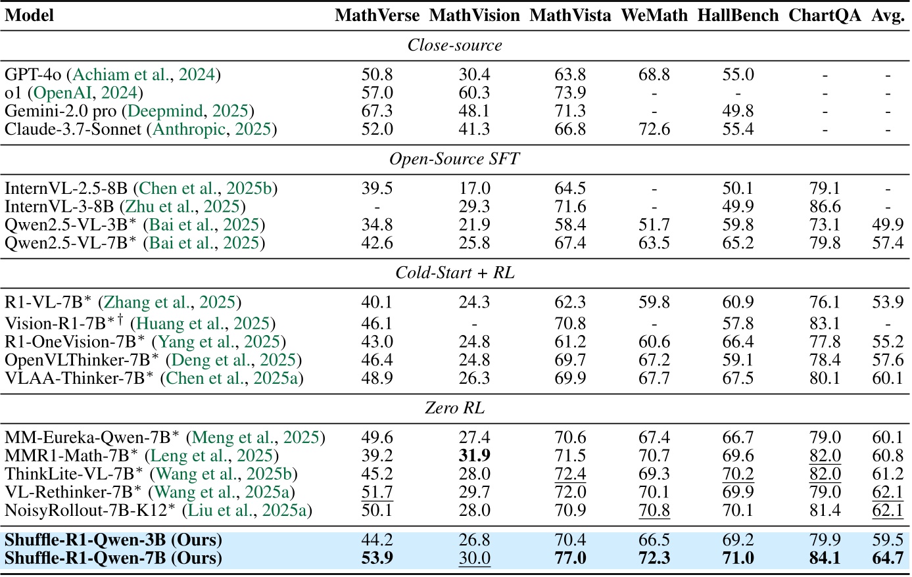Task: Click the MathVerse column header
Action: click(x=377, y=16)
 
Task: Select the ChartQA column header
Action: click(x=825, y=16)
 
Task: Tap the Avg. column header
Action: click(x=888, y=16)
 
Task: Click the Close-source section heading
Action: click(x=454, y=45)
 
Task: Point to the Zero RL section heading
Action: click(x=454, y=408)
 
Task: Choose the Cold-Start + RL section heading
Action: click(x=454, y=273)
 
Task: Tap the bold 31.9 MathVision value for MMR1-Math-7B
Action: click(x=474, y=456)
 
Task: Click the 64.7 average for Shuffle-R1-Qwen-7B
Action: click(x=888, y=559)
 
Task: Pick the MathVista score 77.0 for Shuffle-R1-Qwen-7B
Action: click(x=570, y=559)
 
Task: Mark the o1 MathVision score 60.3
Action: click(x=474, y=93)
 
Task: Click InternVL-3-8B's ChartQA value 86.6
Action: click(x=825, y=207)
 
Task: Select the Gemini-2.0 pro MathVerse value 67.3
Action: click(x=377, y=111)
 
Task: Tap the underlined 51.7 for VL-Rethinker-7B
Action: click(x=377, y=492)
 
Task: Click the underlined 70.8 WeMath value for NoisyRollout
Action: click(x=654, y=511)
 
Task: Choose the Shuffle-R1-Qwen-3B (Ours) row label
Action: click(x=113, y=540)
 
